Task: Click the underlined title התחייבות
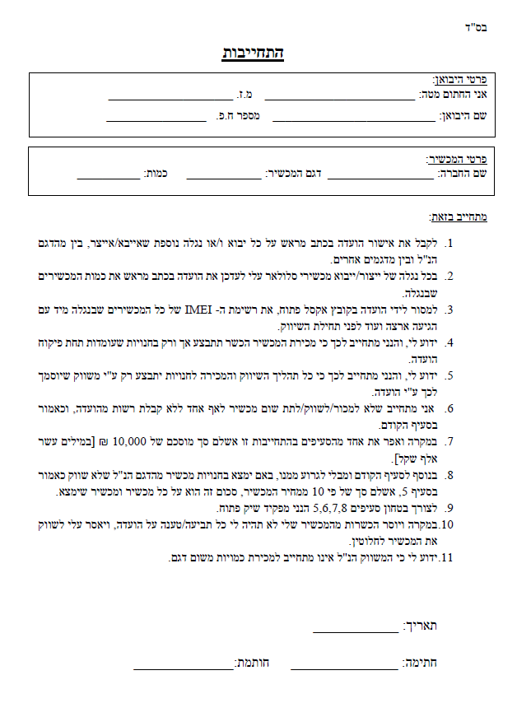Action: tap(253, 54)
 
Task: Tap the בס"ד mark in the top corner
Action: tap(477, 27)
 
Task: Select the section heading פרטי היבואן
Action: tap(460, 81)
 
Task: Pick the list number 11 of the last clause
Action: tap(448, 558)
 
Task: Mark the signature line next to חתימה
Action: tap(345, 665)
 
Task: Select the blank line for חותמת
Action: tap(183, 665)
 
